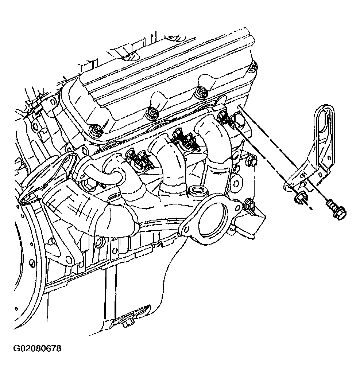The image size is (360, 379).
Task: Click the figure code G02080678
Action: [37, 348]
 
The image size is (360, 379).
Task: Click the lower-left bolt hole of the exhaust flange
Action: [186, 229]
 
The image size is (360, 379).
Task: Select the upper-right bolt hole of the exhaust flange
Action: [238, 207]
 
